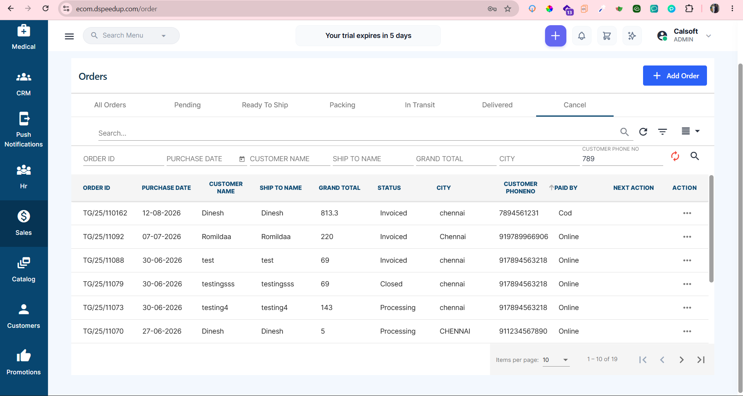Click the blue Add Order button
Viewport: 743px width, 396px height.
tap(675, 76)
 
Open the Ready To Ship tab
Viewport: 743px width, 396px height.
tap(265, 105)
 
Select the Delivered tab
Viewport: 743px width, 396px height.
tap(497, 105)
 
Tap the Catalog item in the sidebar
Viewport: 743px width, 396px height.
tap(24, 270)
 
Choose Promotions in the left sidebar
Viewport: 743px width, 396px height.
tap(24, 363)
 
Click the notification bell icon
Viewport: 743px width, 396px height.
tap(581, 36)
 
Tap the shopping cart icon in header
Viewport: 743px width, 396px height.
tap(607, 36)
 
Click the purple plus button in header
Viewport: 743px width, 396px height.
tap(556, 36)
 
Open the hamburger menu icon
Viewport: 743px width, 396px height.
tap(69, 36)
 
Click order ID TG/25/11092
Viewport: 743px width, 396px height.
tap(103, 237)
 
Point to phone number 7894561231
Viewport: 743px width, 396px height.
tap(519, 213)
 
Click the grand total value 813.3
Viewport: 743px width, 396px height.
tap(329, 213)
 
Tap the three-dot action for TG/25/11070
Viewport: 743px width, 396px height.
tap(687, 331)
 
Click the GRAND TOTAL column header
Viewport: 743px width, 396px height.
tap(339, 188)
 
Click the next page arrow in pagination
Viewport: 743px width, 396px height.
tap(681, 360)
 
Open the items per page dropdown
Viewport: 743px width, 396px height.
tap(556, 360)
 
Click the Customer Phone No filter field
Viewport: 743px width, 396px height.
tap(622, 159)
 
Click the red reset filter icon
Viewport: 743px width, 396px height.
tap(675, 156)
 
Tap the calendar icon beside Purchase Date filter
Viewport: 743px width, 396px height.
tap(242, 159)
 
